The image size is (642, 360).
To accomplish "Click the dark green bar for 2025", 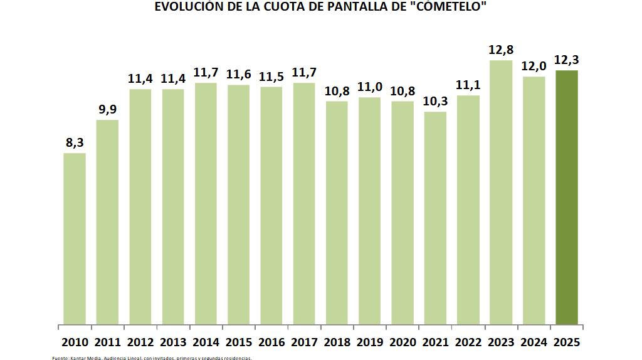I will (x=566, y=198).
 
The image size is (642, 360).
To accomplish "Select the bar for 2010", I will (x=75, y=239).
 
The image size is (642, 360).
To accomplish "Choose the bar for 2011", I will (x=107, y=222).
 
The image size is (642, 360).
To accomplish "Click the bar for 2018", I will (x=337, y=213).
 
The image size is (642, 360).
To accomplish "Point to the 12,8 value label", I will (x=501, y=50).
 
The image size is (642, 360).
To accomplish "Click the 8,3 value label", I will (x=75, y=143).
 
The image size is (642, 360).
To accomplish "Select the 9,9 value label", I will (x=107, y=110).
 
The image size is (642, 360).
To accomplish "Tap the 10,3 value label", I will (x=435, y=102).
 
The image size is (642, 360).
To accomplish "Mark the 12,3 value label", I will (x=566, y=60).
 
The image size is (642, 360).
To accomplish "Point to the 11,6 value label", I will (x=238, y=75).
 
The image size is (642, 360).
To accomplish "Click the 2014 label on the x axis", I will (x=206, y=342).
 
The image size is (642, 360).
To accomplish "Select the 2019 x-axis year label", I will (x=369, y=342).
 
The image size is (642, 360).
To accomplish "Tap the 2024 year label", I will (x=534, y=342).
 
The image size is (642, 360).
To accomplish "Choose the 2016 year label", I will (x=271, y=342).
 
